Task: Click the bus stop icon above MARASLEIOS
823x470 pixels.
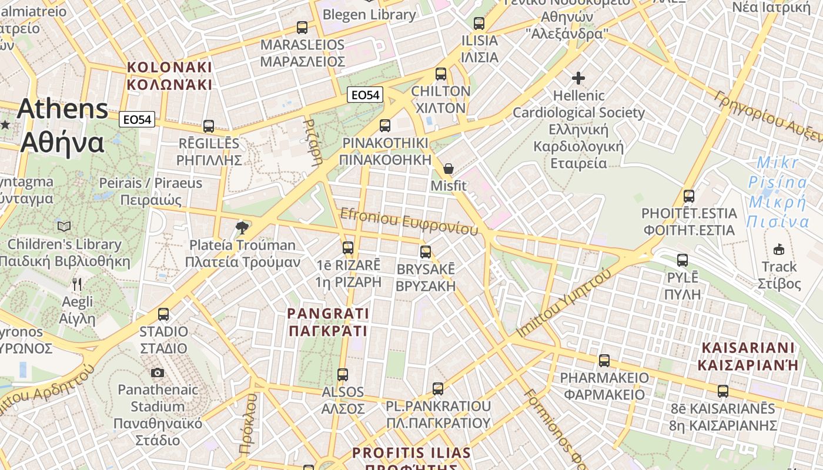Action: pyautogui.click(x=302, y=27)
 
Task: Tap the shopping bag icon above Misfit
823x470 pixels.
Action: pyautogui.click(x=449, y=169)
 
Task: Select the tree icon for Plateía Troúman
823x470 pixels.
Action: pyautogui.click(x=241, y=227)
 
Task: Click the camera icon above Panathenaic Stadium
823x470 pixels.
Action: pyautogui.click(x=157, y=372)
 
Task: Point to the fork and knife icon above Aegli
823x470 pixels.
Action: pyautogui.click(x=77, y=284)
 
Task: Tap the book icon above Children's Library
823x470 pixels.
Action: pyautogui.click(x=64, y=226)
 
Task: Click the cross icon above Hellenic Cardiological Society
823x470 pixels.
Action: pyautogui.click(x=578, y=78)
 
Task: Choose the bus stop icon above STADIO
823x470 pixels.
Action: pyautogui.click(x=163, y=314)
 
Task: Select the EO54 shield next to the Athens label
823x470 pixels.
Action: pyautogui.click(x=136, y=120)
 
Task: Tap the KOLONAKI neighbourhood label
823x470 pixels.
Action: pyautogui.click(x=169, y=76)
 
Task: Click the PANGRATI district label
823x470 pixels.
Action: pyautogui.click(x=328, y=322)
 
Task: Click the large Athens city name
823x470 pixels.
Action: pyautogui.click(x=63, y=126)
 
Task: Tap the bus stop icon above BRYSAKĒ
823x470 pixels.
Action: pyautogui.click(x=426, y=252)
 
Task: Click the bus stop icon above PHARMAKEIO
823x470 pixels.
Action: pyautogui.click(x=604, y=361)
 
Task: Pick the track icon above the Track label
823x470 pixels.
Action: pyautogui.click(x=779, y=250)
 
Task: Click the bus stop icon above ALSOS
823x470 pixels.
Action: pyautogui.click(x=343, y=374)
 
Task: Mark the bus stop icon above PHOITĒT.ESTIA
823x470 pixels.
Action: pyautogui.click(x=689, y=196)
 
